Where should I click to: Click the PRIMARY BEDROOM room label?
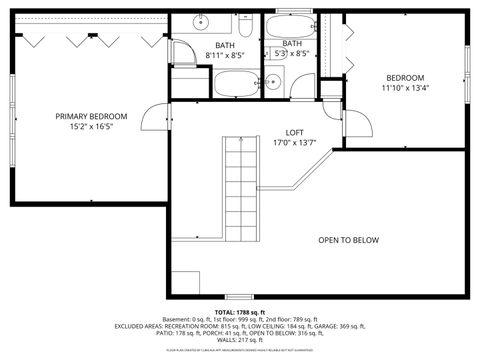(x=91, y=116)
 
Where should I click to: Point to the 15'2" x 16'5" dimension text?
(x=91, y=127)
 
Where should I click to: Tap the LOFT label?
(x=294, y=132)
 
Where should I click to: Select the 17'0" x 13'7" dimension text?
(x=294, y=143)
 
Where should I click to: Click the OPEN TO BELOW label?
(x=348, y=240)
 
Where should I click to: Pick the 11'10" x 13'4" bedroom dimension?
(x=405, y=88)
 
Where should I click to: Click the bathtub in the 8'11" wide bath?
(x=236, y=82)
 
